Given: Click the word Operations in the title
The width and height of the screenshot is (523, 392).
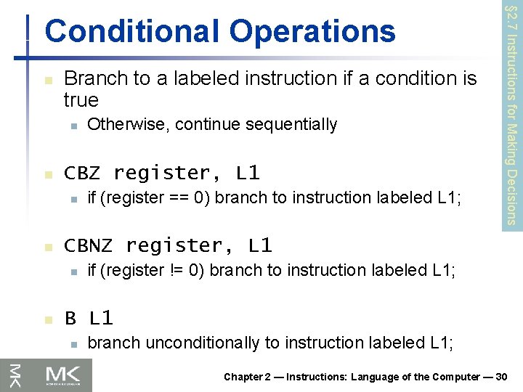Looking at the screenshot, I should (x=313, y=32).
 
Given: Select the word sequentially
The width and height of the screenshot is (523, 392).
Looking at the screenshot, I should (x=294, y=125).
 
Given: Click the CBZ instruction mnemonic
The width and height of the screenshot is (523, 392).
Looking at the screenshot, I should (x=83, y=173).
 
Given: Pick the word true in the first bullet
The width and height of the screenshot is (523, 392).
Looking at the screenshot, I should (x=81, y=99).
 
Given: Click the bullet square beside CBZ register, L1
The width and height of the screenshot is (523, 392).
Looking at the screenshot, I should (x=48, y=175).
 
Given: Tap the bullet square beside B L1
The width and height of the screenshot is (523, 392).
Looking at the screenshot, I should (x=48, y=319).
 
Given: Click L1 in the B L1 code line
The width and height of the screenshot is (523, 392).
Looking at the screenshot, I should (x=102, y=318).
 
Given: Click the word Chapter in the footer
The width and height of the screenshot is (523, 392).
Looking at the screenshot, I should (x=243, y=376).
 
